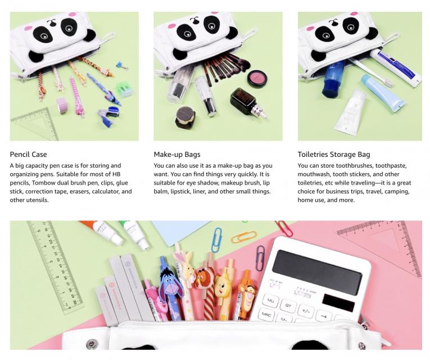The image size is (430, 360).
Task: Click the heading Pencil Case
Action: pyautogui.click(x=28, y=155)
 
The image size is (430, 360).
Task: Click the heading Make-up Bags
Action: pyautogui.click(x=177, y=155)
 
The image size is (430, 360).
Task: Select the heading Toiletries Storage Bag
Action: pyautogui.click(x=334, y=155)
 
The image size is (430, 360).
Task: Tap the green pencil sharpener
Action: pyautogui.click(x=125, y=89)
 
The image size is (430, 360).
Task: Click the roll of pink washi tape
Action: pyautogui.click(x=62, y=105)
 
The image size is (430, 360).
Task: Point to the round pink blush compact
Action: pyautogui.click(x=257, y=78)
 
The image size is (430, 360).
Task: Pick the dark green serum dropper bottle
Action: pyautogui.click(x=248, y=102)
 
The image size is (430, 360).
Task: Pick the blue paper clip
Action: pyautogui.click(x=218, y=240)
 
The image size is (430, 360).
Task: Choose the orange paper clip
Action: pyautogui.click(x=244, y=237)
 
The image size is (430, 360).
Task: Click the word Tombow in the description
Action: pyautogui.click(x=43, y=183)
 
